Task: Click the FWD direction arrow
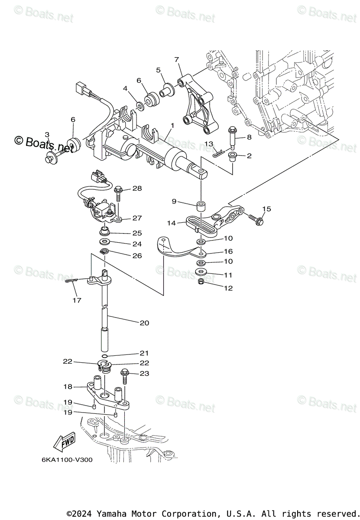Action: (63, 442)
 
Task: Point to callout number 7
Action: (176, 59)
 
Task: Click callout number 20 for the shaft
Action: (144, 322)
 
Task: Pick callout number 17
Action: (77, 300)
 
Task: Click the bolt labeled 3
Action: (51, 157)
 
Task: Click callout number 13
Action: (209, 143)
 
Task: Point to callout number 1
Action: (172, 126)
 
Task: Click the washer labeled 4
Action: (141, 105)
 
